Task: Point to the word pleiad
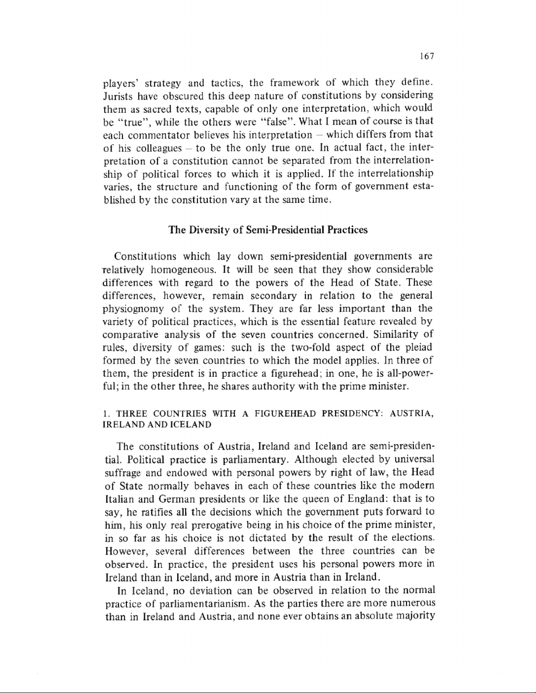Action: (420, 348)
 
